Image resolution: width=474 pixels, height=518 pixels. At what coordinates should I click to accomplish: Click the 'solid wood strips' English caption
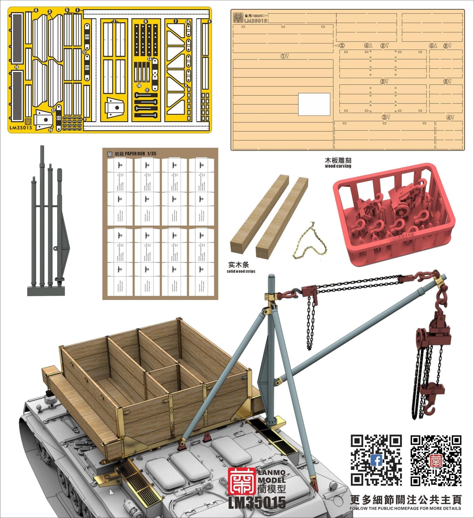point(241,271)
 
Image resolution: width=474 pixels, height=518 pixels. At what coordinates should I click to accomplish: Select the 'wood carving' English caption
point(338,166)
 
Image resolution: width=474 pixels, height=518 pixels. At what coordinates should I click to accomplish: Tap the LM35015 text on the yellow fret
point(21,128)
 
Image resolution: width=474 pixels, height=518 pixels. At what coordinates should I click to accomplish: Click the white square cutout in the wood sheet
point(314,104)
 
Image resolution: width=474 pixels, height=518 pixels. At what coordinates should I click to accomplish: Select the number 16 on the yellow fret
point(16,67)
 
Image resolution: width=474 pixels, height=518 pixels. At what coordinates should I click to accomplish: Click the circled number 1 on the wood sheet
point(283,56)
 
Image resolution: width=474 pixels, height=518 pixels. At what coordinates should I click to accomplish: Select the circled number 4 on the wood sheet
point(448,118)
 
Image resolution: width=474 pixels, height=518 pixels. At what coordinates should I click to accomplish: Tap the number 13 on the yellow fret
point(149,59)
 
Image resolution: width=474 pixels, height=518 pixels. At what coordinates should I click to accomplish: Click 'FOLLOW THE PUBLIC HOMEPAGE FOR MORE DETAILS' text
point(405,508)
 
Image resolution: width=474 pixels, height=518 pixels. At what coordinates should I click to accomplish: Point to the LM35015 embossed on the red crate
point(402,237)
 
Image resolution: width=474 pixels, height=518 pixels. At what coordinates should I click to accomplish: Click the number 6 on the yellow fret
point(146,21)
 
